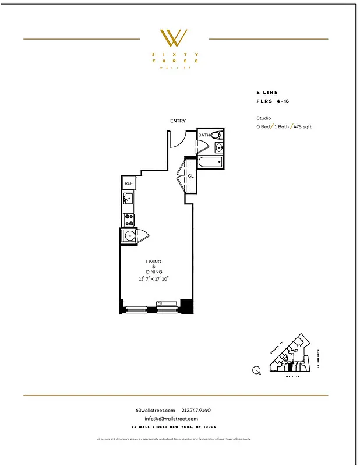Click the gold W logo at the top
point(174,38)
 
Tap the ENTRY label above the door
point(178,121)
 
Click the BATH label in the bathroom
point(204,135)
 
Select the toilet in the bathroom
point(216,135)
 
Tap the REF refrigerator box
point(129,183)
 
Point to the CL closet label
point(190,175)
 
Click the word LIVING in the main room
point(154,262)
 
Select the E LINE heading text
point(267,93)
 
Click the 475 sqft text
point(302,126)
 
